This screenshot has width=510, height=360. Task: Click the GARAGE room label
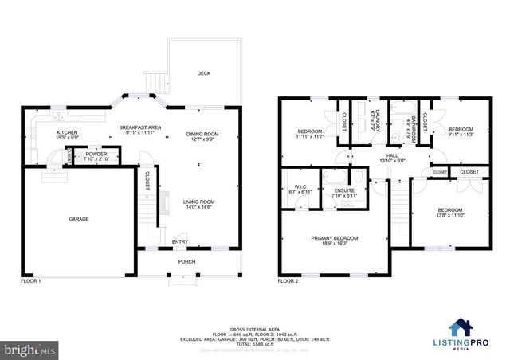(x=78, y=218)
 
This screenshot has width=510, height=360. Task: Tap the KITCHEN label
(x=66, y=132)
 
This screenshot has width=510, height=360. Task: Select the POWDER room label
(x=96, y=154)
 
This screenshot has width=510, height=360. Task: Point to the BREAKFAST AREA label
(x=140, y=127)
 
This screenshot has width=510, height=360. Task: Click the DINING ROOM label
(x=202, y=134)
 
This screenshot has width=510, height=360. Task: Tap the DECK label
(x=204, y=73)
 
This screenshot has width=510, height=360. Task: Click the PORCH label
(x=186, y=261)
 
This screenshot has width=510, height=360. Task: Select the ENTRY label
(x=180, y=242)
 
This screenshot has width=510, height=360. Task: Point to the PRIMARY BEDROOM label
(x=335, y=238)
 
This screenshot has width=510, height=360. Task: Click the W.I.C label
(x=295, y=187)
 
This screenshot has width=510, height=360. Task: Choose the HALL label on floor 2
(x=392, y=155)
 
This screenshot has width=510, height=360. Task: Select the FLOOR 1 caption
(x=30, y=281)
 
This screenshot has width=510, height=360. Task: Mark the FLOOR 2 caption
(x=288, y=281)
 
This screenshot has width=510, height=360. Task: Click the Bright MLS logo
(x=30, y=349)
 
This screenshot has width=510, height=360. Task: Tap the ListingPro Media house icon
(x=461, y=326)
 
